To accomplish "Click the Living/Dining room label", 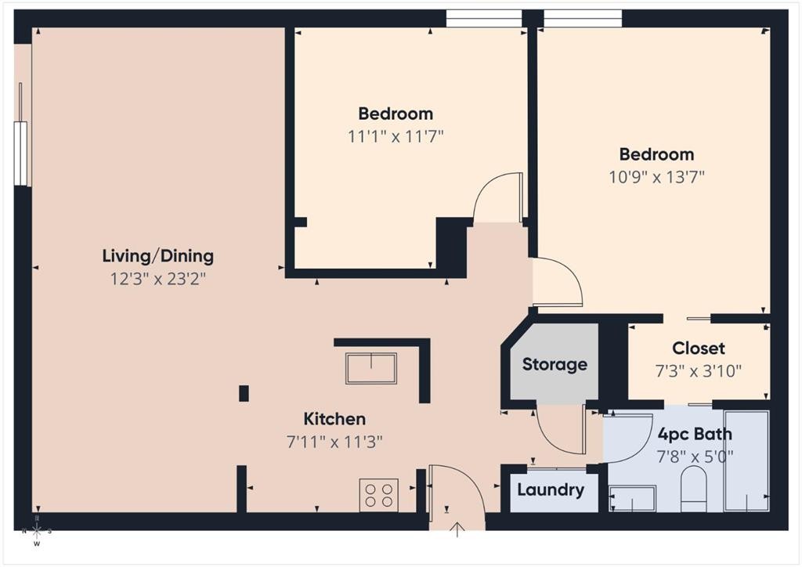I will pos(157,256).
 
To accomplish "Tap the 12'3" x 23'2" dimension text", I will pos(157,278).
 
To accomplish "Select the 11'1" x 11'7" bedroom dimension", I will pos(396,136).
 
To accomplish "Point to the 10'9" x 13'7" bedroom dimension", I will pos(656,176).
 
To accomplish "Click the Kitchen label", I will pos(334,419).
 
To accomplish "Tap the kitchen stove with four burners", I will pos(378,494).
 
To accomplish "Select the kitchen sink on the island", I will pos(371,368).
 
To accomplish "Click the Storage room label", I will pos(555,364).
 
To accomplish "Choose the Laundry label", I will pos(551,491).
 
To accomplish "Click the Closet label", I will pos(698,349).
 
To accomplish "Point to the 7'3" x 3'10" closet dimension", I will pos(698,370).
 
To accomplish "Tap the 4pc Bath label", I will pos(695,434).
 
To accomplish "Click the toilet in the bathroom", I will pos(693,489).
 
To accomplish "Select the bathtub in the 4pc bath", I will pos(746,460).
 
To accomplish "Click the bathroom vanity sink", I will pos(632,498).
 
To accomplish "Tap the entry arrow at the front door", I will pos(457,530).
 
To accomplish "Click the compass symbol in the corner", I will pos(37,532).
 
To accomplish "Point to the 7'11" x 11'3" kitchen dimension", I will pos(334,442).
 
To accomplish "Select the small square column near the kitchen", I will pos(244,393).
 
